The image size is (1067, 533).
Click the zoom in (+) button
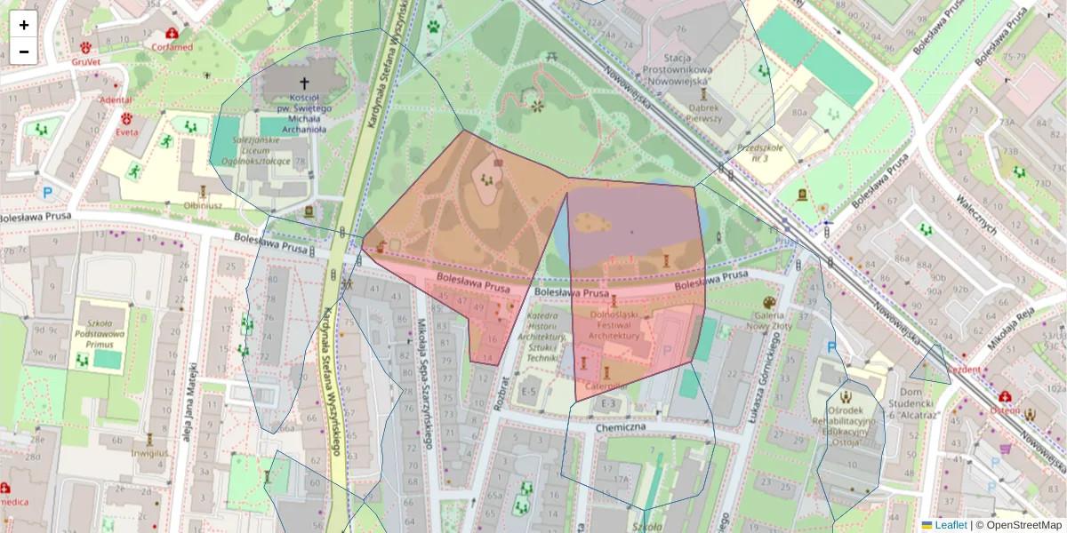24,25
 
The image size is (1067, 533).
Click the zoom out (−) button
24,52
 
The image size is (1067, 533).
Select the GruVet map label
86,62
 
